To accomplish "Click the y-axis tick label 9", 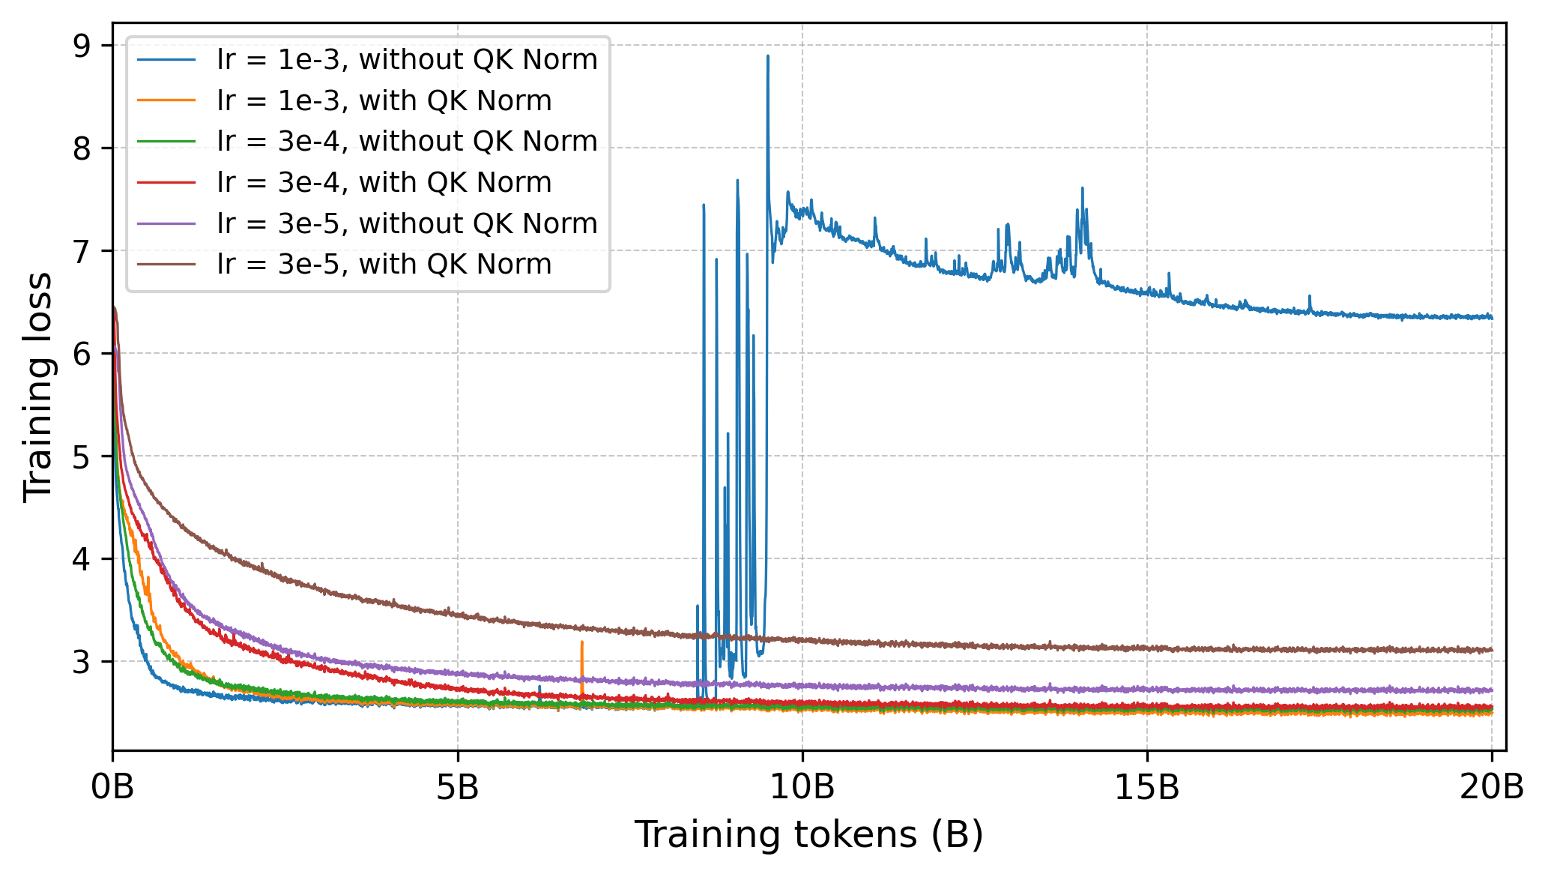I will pyautogui.click(x=82, y=46).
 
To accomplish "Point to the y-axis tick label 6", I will pyautogui.click(x=82, y=354).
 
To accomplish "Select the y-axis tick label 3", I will pyautogui.click(x=82, y=662).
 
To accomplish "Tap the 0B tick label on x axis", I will pyautogui.click(x=113, y=788).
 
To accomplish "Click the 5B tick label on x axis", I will pyautogui.click(x=458, y=788).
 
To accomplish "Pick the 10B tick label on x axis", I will pyautogui.click(x=802, y=788).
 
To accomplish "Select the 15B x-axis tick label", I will pyautogui.click(x=1147, y=788).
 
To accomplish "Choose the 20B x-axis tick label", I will pyautogui.click(x=1491, y=788).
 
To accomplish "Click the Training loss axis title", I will pyautogui.click(x=37, y=387).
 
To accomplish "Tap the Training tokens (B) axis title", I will pyautogui.click(x=809, y=835).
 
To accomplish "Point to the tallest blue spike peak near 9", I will pyautogui.click(x=768, y=56).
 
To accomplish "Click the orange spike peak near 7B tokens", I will pyautogui.click(x=582, y=642).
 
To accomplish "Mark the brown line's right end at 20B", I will pyautogui.click(x=1491, y=650).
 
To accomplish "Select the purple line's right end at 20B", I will pyautogui.click(x=1491, y=690).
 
